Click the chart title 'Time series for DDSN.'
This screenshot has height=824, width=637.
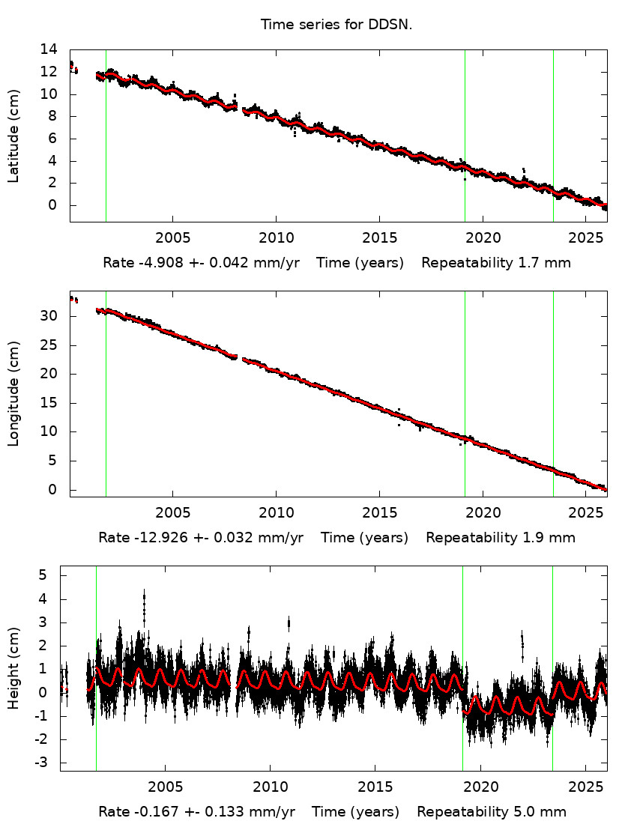(x=336, y=25)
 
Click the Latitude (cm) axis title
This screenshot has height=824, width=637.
(x=13, y=135)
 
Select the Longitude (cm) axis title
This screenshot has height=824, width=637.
(x=13, y=394)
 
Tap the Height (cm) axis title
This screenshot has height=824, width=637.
(x=13, y=668)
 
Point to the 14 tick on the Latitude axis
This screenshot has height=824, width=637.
(x=49, y=49)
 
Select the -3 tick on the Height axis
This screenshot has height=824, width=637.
(x=49, y=763)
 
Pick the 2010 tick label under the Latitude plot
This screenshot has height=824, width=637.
(x=276, y=237)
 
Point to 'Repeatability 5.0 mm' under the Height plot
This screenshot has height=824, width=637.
(x=492, y=812)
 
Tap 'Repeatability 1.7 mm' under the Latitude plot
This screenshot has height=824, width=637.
(x=496, y=263)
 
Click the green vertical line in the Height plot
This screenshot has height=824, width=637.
(x=96, y=734)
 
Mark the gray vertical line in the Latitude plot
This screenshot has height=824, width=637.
(x=106, y=150)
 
